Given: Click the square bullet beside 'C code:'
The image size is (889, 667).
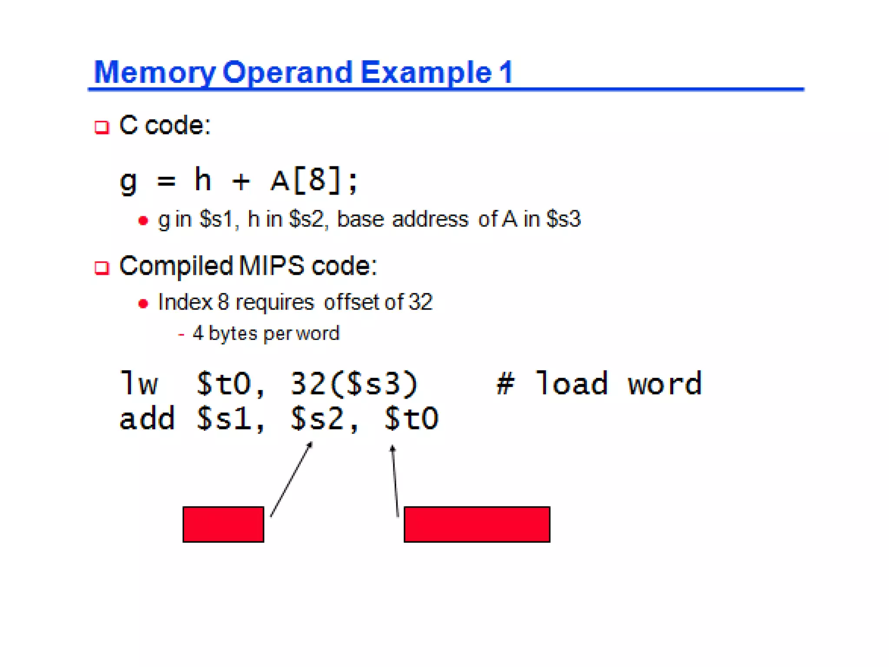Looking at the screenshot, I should (102, 127).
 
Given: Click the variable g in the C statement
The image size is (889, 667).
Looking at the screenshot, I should (128, 181).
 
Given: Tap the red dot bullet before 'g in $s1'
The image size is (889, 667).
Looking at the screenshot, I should (143, 221).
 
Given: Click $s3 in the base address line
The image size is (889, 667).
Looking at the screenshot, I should (563, 219).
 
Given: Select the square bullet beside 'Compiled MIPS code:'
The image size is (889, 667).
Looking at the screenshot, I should (102, 268).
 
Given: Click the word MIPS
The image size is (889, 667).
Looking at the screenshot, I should (271, 266).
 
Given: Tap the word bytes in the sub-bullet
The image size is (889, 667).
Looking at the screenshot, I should (233, 333).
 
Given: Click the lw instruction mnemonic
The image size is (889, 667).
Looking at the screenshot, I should (139, 384).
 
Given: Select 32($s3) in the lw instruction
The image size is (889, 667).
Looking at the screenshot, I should (354, 384).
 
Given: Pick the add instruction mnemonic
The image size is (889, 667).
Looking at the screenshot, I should (147, 419).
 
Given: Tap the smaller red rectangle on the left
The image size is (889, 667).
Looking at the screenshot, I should (223, 524).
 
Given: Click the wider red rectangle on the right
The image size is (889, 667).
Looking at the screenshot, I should (477, 524).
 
